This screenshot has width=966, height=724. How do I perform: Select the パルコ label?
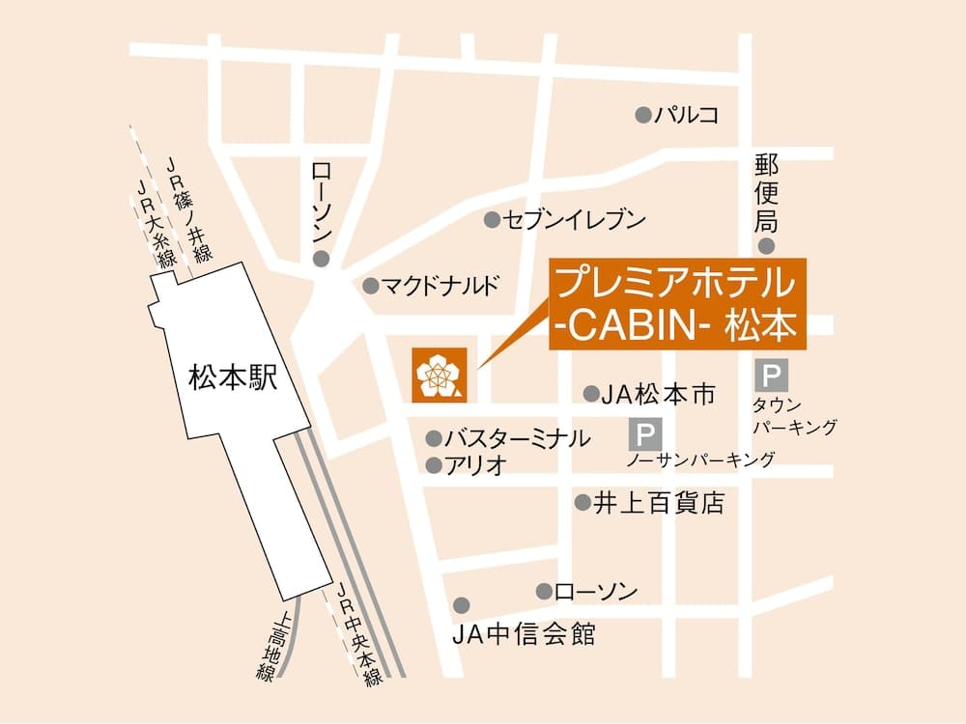click(687, 115)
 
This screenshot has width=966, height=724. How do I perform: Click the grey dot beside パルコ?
click(642, 115)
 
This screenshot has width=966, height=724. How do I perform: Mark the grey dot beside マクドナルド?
click(370, 286)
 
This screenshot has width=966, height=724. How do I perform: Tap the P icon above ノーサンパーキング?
click(641, 433)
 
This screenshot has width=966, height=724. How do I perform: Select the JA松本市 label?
click(658, 394)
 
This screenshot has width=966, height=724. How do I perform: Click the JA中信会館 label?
click(524, 635)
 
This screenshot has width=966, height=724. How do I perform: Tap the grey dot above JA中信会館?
click(462, 604)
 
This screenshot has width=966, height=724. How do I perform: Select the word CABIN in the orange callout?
click(625, 328)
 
